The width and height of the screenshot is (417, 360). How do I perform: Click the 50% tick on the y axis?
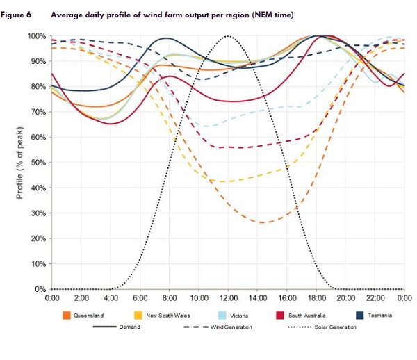click(38, 163)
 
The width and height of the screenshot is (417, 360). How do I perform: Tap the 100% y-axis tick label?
click(37, 36)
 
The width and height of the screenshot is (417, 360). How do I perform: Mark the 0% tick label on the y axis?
click(41, 289)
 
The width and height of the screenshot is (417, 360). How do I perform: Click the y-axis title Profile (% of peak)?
click(19, 163)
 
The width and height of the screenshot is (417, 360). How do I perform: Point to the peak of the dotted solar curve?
click(228, 35)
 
